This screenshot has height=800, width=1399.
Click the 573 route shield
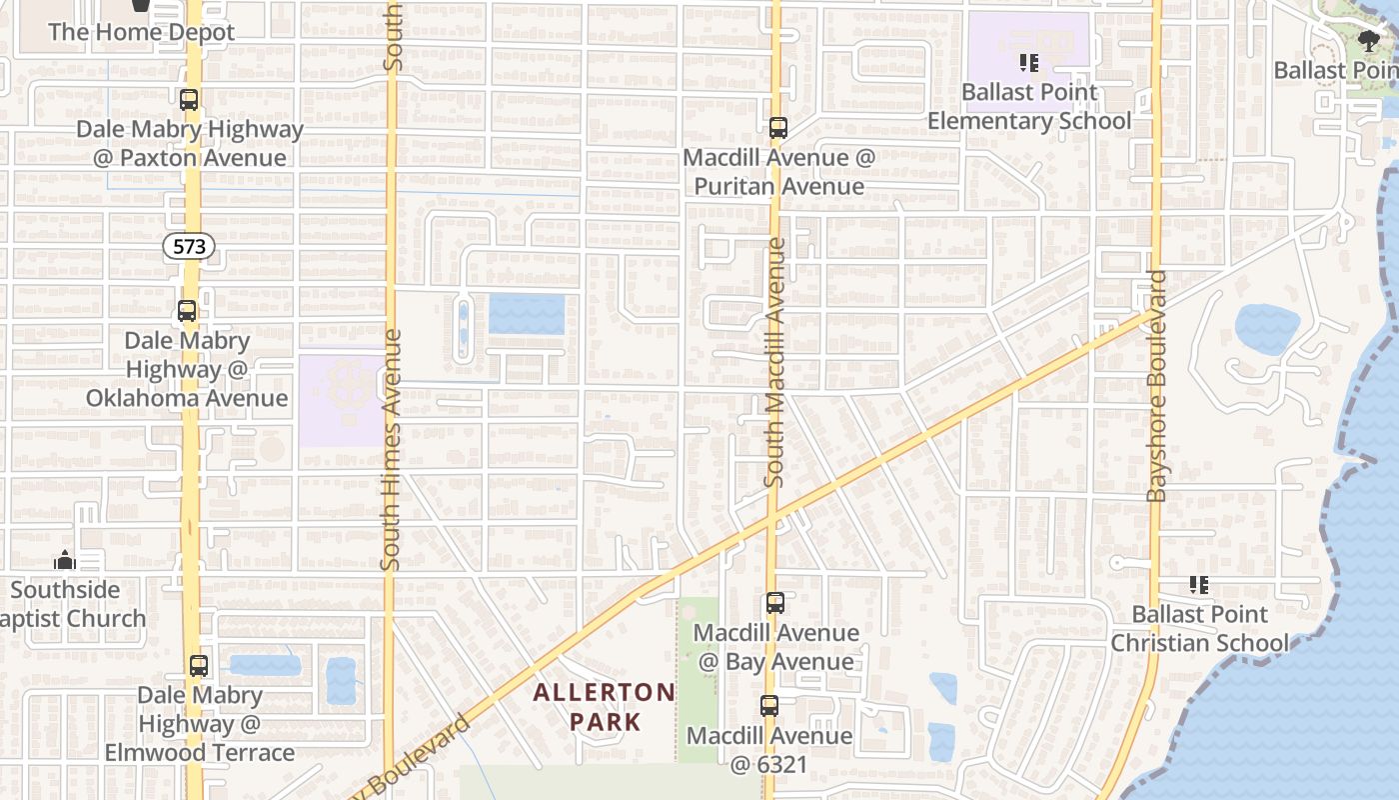coord(190,245)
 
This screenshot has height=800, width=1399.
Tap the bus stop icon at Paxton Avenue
coord(189,100)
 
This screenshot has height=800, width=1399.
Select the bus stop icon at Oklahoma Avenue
coord(187,311)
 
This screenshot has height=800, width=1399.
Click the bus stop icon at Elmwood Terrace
coord(199,665)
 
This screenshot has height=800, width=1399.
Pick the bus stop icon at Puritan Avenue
coord(778,128)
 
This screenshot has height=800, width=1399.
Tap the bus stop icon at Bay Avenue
coord(775,603)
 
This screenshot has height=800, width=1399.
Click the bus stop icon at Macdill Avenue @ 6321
coord(769,706)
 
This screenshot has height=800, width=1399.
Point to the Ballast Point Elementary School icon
coord(1029,64)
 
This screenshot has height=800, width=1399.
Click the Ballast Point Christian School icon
coord(1199,585)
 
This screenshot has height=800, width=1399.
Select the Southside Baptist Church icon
coord(65,560)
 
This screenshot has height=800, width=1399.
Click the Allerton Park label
coord(605,706)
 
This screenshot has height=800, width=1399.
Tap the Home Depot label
coord(141,32)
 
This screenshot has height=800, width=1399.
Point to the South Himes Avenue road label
coord(391,450)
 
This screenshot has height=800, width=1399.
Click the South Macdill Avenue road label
coord(775,362)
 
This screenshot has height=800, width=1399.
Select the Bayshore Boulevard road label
coord(1157,385)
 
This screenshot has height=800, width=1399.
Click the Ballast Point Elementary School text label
coord(1029,107)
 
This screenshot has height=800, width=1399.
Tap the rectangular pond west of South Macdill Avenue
coord(527,314)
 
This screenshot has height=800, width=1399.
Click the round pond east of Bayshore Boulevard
coord(1267,329)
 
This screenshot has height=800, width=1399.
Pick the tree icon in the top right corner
coord(1369,41)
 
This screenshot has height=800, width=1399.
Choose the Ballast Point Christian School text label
coord(1199,628)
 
